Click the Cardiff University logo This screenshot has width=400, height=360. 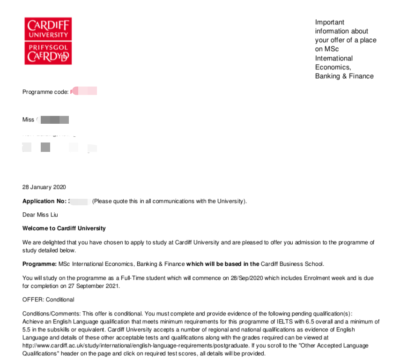48,41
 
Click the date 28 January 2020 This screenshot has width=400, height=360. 44,187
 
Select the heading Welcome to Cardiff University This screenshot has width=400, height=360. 64,228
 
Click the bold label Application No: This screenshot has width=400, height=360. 44,201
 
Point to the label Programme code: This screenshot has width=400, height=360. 45,92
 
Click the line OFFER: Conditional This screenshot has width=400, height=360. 48,299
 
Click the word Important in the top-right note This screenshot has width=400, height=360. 329,22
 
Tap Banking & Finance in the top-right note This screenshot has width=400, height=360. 344,76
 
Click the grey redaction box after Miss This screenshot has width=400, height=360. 55,120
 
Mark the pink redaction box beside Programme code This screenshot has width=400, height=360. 85,91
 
